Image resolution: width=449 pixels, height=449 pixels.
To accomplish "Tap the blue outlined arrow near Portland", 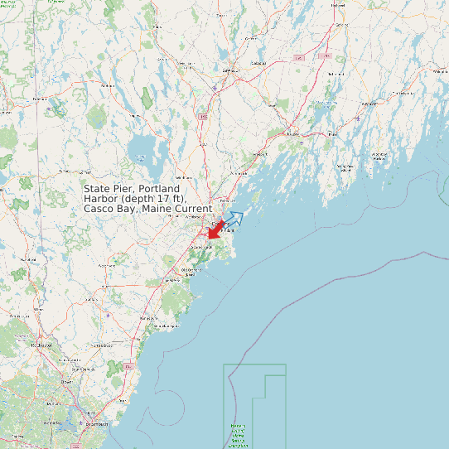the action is pyautogui.click(x=234, y=220).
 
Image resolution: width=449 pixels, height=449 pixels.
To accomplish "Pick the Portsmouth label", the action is pyautogui.click(x=97, y=424).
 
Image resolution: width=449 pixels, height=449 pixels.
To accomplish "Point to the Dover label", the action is pyautogui.click(x=65, y=382).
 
